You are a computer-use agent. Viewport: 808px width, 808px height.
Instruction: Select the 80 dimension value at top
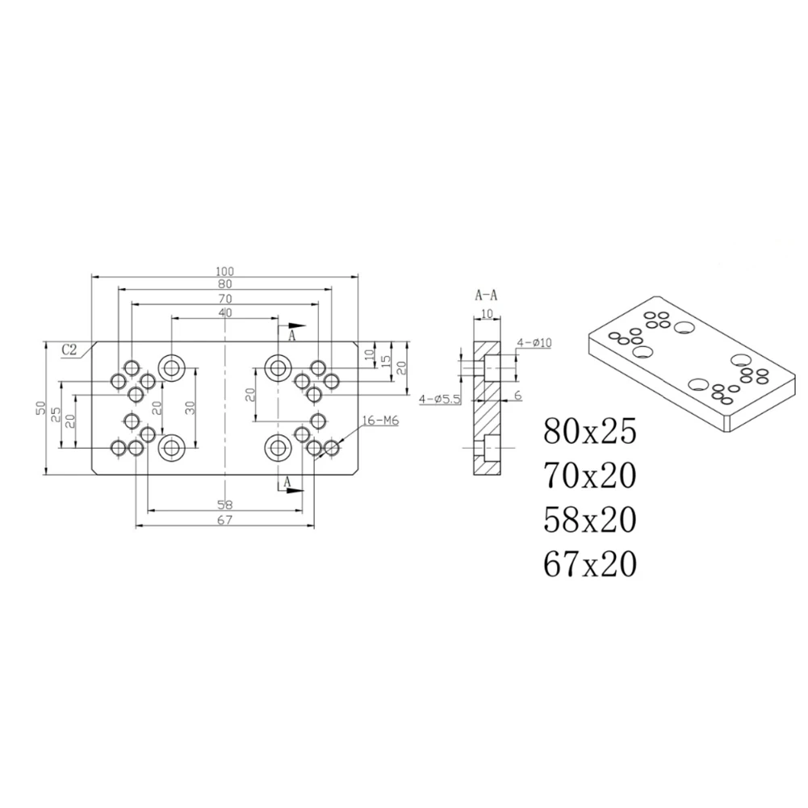(224, 284)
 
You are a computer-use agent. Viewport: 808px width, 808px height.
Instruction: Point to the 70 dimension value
(224, 299)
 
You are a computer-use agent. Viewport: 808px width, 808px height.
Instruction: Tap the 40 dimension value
(224, 312)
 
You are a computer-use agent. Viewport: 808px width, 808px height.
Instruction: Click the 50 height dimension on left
(40, 408)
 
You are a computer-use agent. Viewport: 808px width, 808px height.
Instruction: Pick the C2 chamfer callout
(72, 350)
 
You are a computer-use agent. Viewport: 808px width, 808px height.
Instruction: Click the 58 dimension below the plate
(224, 504)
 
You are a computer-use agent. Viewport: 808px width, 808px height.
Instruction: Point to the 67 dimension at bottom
(224, 521)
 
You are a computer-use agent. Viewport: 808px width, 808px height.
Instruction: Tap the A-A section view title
(486, 295)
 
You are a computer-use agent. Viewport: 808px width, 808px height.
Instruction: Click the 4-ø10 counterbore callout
(534, 343)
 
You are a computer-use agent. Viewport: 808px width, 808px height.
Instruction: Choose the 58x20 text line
(590, 519)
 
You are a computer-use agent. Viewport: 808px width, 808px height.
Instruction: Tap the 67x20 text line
(590, 563)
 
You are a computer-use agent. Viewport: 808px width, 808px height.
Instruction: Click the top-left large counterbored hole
(171, 367)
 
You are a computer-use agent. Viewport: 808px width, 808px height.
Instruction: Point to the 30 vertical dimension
(190, 408)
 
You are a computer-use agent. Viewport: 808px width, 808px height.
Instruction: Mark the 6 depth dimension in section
(517, 395)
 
